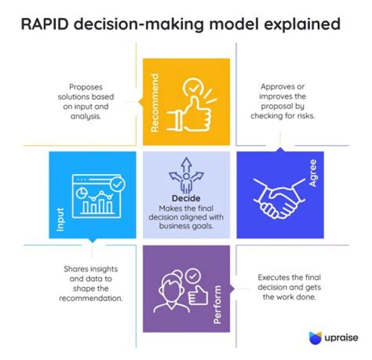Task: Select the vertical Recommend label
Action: pos(155,103)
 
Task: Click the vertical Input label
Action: pos(60,219)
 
